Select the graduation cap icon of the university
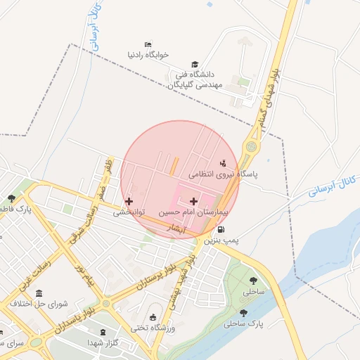tap(195, 64)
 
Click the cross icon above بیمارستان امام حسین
tap(194, 201)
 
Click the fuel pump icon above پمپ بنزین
tap(222, 230)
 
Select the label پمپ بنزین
tap(221, 240)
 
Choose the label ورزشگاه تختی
tap(153, 328)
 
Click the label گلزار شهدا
tap(105, 341)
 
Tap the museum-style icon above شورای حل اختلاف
tap(38, 292)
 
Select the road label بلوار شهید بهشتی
tap(180, 281)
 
